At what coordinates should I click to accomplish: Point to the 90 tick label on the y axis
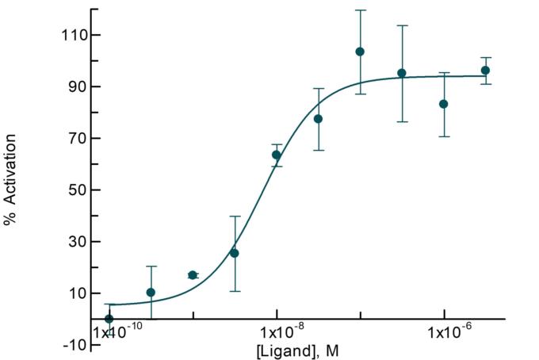(x=75, y=86)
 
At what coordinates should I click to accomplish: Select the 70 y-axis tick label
(x=75, y=138)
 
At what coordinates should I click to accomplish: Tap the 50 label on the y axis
(x=75, y=190)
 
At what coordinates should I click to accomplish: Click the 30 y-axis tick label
(x=75, y=241)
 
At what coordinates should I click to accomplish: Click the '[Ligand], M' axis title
(x=297, y=349)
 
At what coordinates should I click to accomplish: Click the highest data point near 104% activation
(x=360, y=52)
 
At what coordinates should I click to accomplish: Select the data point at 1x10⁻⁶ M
(x=444, y=104)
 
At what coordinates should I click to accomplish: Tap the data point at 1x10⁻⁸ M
(x=277, y=155)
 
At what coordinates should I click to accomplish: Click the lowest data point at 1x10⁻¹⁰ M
(x=109, y=319)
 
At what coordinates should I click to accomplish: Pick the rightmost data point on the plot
(x=485, y=71)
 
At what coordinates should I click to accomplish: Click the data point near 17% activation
(x=193, y=275)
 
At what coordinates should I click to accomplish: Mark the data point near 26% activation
(x=234, y=253)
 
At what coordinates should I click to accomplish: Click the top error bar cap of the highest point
(x=360, y=10)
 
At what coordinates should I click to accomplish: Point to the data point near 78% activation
(x=318, y=119)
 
